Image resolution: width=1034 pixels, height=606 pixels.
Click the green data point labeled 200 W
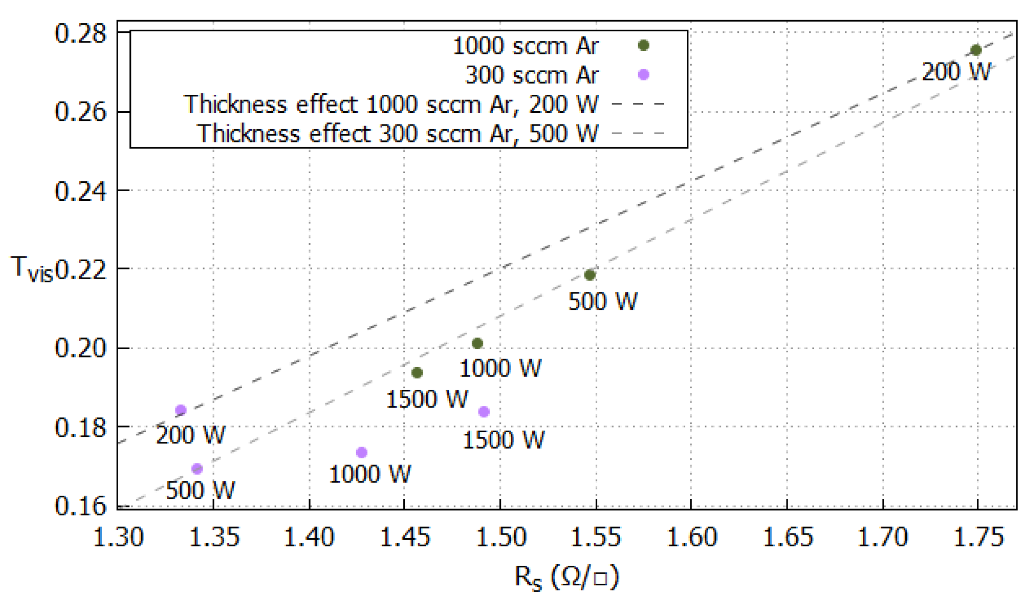976,50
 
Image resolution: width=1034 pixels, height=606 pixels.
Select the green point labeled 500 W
589,275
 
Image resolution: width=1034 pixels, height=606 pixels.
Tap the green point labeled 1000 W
477,343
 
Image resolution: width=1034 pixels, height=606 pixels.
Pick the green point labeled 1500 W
417,373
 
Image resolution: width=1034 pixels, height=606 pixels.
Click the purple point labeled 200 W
181,410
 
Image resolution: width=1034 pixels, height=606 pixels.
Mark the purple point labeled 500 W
197,469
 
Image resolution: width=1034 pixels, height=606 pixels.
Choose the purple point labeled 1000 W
361,452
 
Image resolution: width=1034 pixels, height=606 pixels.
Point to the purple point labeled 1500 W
483,412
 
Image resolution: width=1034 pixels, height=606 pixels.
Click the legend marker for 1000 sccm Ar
643,46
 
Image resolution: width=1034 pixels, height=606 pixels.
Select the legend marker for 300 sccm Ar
643,75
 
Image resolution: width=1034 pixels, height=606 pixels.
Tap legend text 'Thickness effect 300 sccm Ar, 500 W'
397,133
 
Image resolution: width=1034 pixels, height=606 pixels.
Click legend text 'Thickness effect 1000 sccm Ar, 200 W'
391,104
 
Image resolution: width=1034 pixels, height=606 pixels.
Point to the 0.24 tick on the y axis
81,191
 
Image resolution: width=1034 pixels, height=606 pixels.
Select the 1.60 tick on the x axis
691,538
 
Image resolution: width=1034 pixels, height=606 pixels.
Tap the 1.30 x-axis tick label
118,538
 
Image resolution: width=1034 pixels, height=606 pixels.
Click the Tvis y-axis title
32,269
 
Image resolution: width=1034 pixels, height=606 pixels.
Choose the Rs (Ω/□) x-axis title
566,577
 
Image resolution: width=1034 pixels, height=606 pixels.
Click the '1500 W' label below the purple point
503,440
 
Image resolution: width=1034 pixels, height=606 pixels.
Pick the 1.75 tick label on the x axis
978,538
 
